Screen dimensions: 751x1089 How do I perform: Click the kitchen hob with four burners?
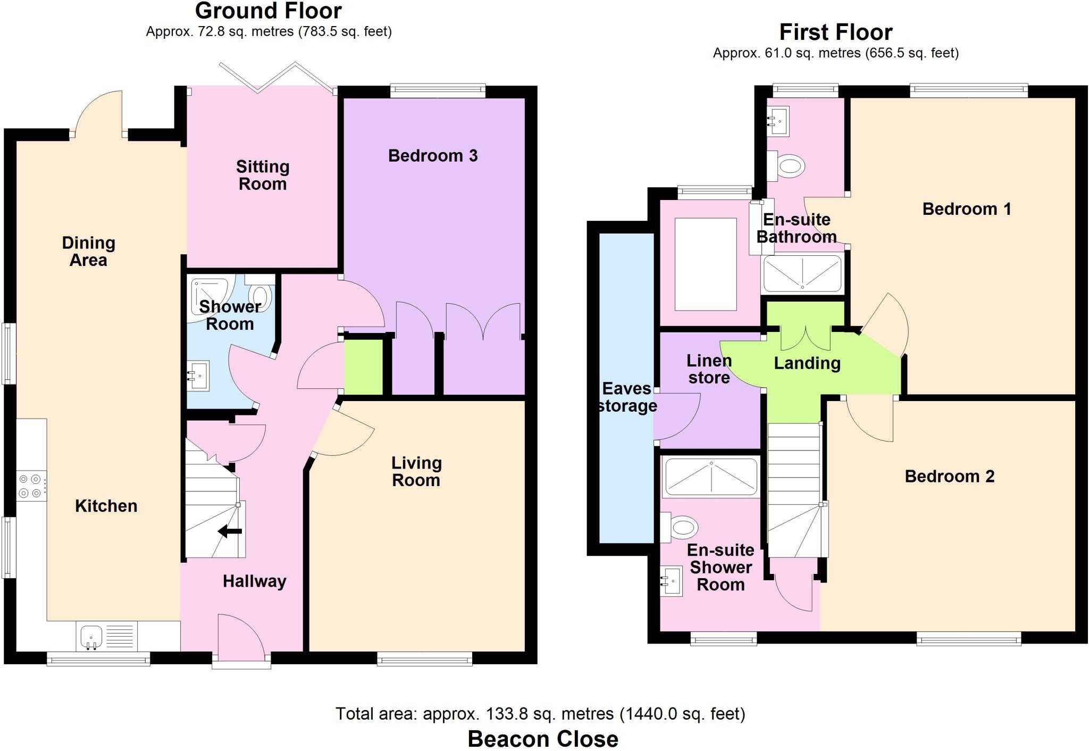[30, 486]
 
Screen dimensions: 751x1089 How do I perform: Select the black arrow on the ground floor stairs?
[230, 531]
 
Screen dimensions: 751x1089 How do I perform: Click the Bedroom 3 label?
[432, 156]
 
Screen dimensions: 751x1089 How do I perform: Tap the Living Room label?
[416, 472]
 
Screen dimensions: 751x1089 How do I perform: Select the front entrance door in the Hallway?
[242, 638]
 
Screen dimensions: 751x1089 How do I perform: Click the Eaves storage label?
[627, 397]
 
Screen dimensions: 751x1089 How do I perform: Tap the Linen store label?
[709, 369]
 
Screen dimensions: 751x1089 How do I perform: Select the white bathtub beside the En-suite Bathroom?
[705, 264]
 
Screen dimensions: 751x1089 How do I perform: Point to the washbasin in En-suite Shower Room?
[671, 581]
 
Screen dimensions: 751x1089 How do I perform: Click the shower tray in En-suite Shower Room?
[711, 476]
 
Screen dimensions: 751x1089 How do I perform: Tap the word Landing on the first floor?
[807, 363]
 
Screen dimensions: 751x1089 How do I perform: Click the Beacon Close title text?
[542, 739]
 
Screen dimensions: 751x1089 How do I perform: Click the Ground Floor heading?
[269, 11]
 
